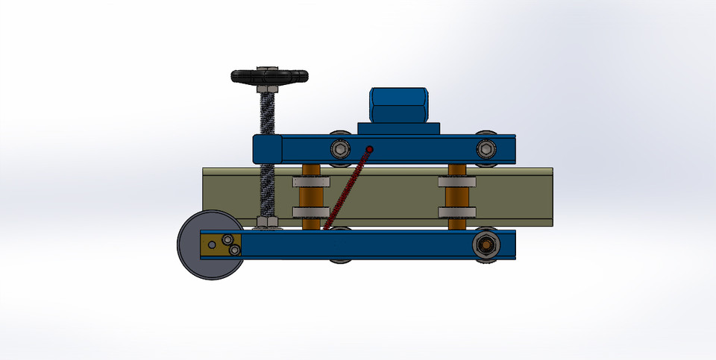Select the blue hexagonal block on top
pos(398,105)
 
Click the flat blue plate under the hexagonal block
pos(398,128)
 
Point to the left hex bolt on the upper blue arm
pos(341,147)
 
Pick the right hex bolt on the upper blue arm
pos(487,147)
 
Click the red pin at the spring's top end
pos(368,150)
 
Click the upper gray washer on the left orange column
pos(310,181)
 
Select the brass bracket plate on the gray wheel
pos(222,243)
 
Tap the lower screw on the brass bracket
pos(236,250)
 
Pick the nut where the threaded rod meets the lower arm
pos(266,222)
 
